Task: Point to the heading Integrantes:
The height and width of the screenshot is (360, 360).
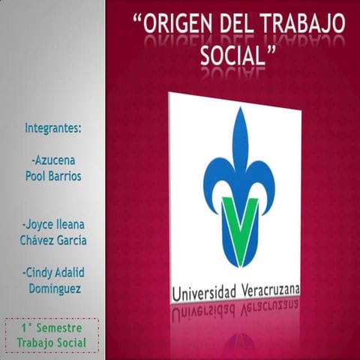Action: [x=52, y=127]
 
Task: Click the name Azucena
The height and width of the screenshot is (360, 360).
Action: [x=55, y=160]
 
